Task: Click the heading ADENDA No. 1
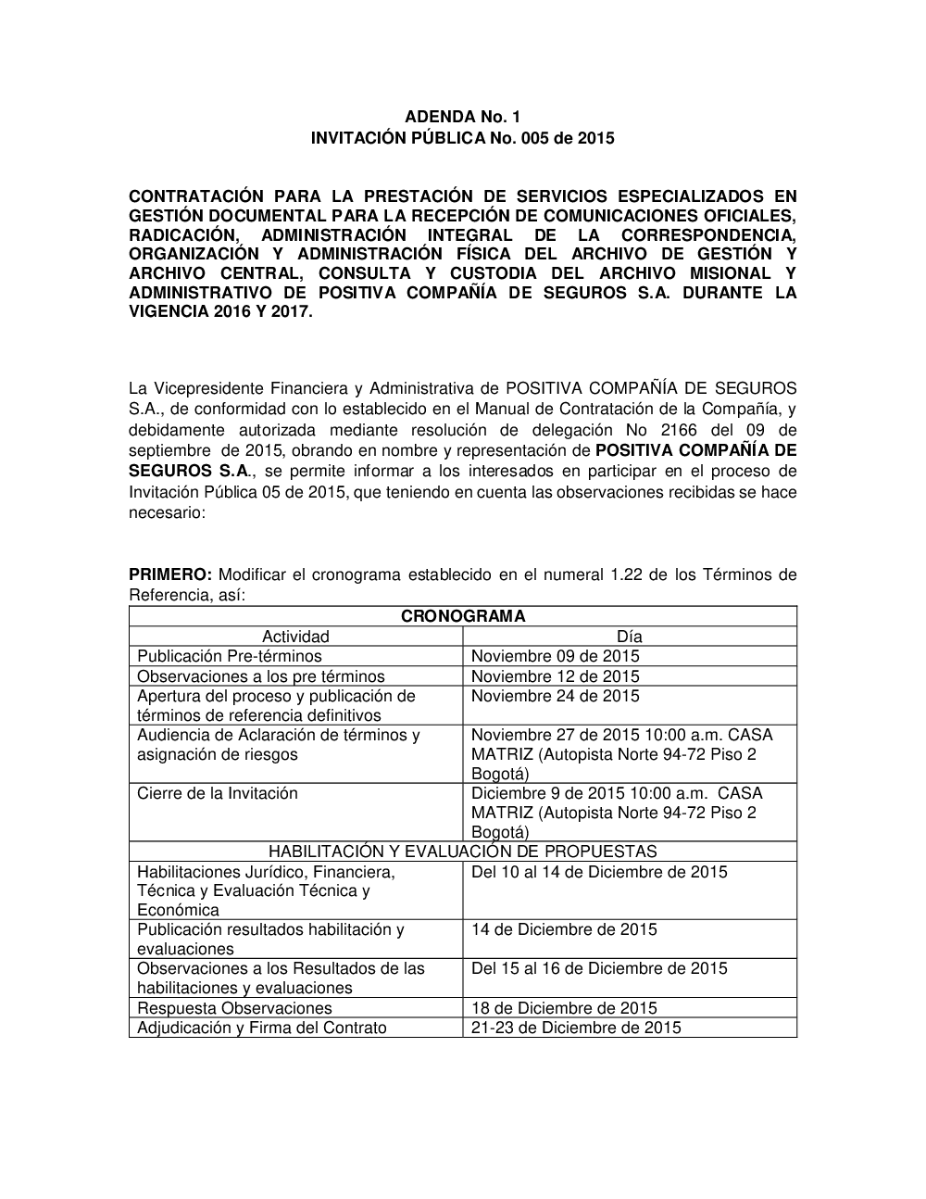(462, 117)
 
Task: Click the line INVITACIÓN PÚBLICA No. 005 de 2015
(462, 139)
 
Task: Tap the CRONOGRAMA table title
(462, 616)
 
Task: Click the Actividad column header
(295, 637)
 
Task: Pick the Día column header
(629, 637)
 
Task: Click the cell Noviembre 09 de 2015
(555, 656)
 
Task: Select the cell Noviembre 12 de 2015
(555, 676)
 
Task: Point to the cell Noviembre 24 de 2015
(555, 696)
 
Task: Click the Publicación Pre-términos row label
(230, 656)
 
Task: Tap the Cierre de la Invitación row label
(218, 793)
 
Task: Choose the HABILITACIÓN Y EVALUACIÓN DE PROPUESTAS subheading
(462, 852)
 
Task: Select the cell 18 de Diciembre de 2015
(564, 1008)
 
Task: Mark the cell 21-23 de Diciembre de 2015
(576, 1028)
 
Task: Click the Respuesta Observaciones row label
(234, 1008)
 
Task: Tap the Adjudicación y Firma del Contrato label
(262, 1028)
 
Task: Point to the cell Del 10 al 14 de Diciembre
(599, 872)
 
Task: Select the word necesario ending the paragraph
(165, 511)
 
